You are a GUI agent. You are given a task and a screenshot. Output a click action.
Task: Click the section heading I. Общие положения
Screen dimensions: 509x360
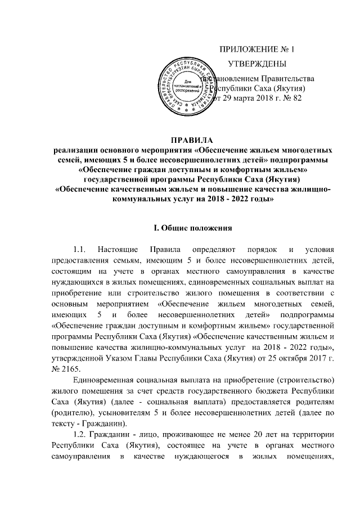click(190, 228)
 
